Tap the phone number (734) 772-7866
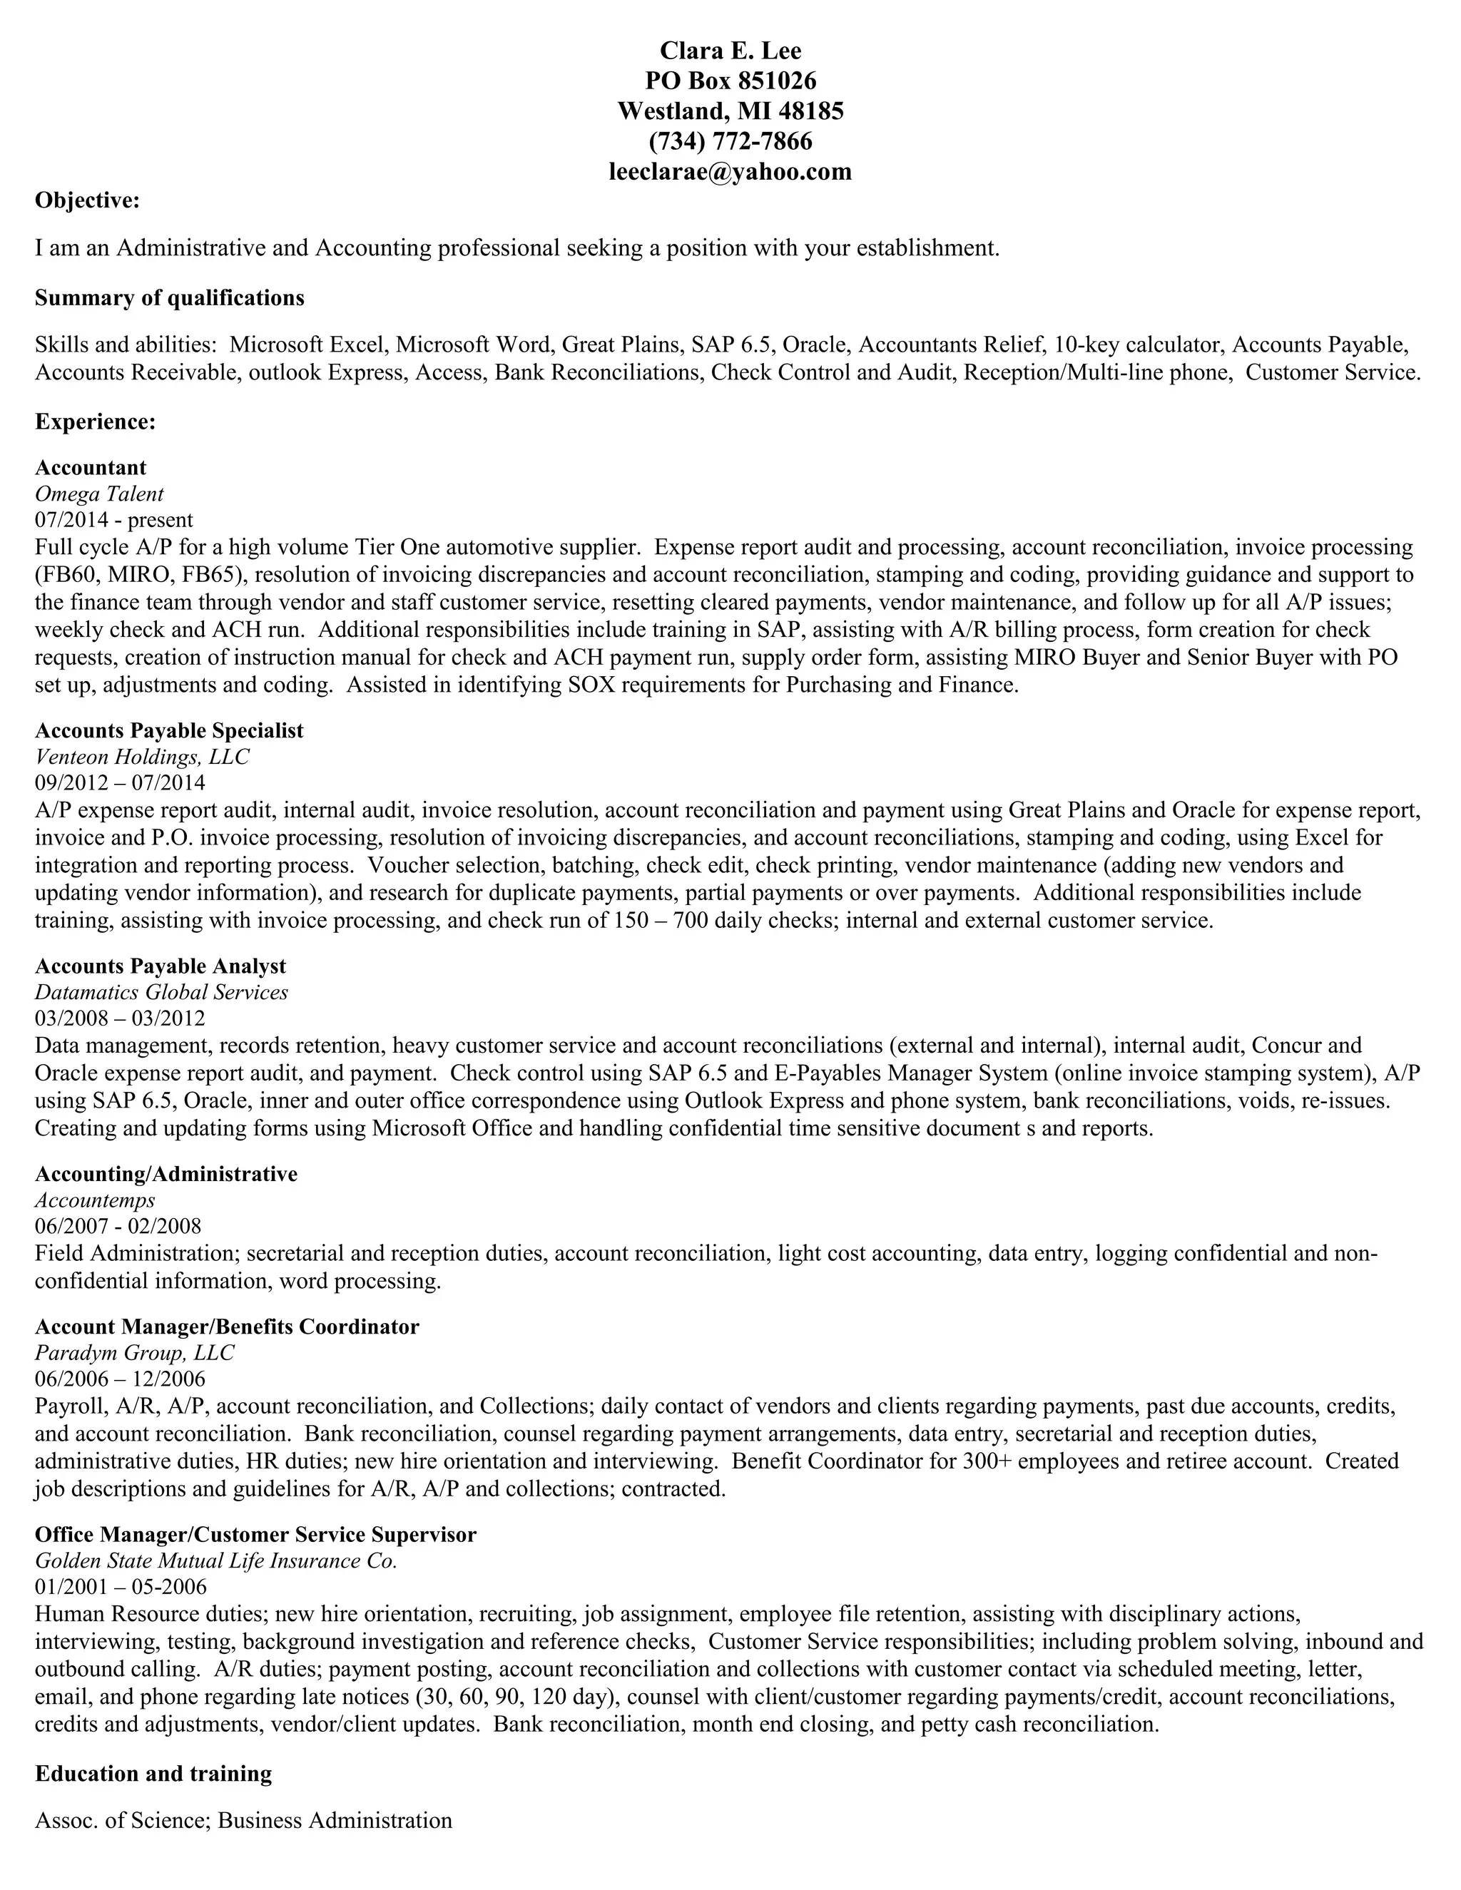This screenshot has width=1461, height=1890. [x=730, y=141]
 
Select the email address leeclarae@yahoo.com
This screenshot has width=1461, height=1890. [x=730, y=171]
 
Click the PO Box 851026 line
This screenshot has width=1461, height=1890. [x=730, y=81]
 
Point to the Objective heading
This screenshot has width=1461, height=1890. [x=86, y=201]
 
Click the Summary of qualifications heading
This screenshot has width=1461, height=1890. [x=170, y=299]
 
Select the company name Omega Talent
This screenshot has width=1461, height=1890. [x=98, y=494]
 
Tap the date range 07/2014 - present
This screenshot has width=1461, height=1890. [x=113, y=520]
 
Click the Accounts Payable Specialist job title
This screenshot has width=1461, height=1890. [x=169, y=731]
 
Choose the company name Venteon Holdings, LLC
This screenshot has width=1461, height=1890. [x=142, y=757]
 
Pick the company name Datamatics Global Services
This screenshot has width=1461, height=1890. [x=161, y=993]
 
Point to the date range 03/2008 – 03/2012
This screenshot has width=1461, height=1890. [x=121, y=1018]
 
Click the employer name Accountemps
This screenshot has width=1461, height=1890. [x=95, y=1200]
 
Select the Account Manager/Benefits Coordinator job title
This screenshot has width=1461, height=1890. [x=227, y=1327]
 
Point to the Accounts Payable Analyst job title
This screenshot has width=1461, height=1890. [x=160, y=966]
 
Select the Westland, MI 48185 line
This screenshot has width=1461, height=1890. [x=730, y=111]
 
